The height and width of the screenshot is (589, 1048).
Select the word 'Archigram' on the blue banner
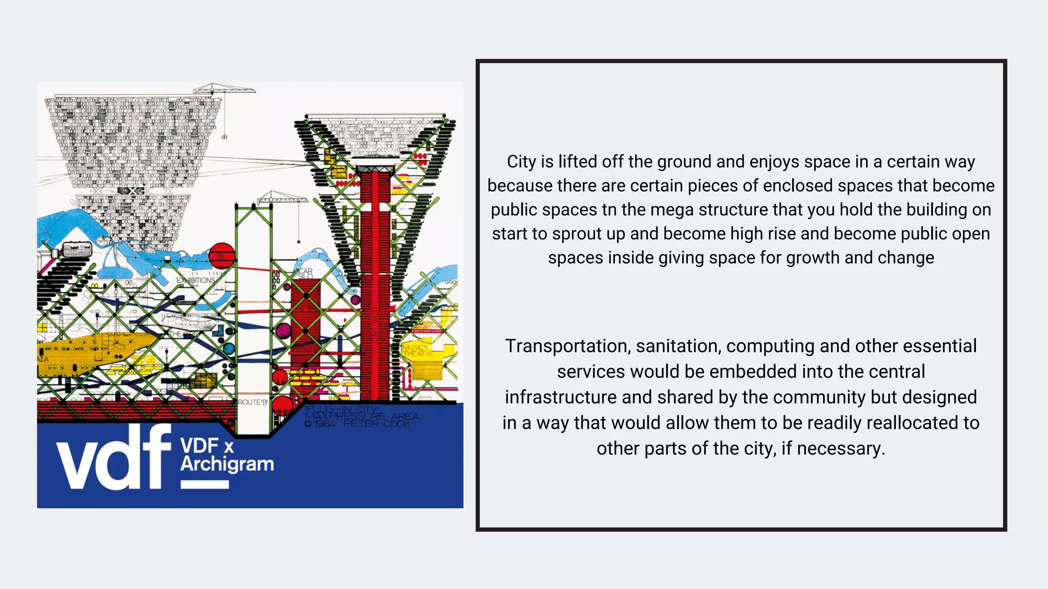tap(227, 464)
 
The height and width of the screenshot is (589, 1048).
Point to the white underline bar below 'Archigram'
tap(205, 484)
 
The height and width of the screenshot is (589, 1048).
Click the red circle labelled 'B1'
tap(222, 256)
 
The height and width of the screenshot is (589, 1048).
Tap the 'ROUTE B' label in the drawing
tap(252, 402)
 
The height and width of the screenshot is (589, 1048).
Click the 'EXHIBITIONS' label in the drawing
tap(195, 280)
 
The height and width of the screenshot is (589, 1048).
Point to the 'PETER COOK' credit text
tap(377, 424)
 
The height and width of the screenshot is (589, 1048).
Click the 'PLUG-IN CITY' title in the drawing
tap(341, 410)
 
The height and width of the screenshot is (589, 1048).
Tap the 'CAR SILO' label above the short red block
tap(305, 274)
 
